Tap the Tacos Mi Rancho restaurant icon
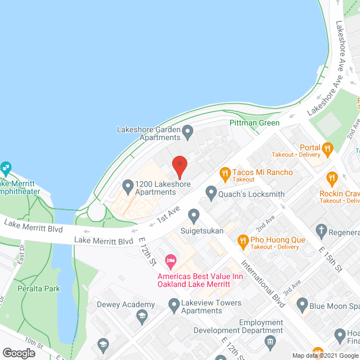point(225,173)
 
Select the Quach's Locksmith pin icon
point(211,194)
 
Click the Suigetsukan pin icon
point(194,215)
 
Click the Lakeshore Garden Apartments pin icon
point(188,133)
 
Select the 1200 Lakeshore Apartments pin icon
point(128,184)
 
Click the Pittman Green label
point(254,123)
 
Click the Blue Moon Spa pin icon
point(302,307)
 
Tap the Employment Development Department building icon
point(270,341)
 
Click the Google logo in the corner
point(18,353)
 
